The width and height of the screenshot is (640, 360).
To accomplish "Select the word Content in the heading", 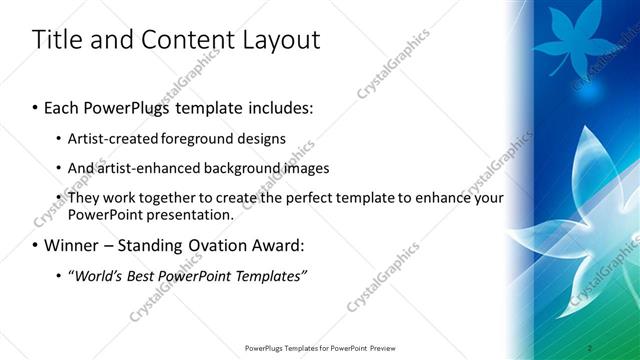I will pos(190,40).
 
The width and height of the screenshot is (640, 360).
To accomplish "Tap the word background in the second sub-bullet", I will pos(251,168).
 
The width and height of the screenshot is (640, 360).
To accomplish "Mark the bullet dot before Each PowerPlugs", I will pos(36,107).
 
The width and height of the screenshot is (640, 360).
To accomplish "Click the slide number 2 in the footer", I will pos(590,347).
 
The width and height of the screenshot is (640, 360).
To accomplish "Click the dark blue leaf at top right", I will pos(566,40).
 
